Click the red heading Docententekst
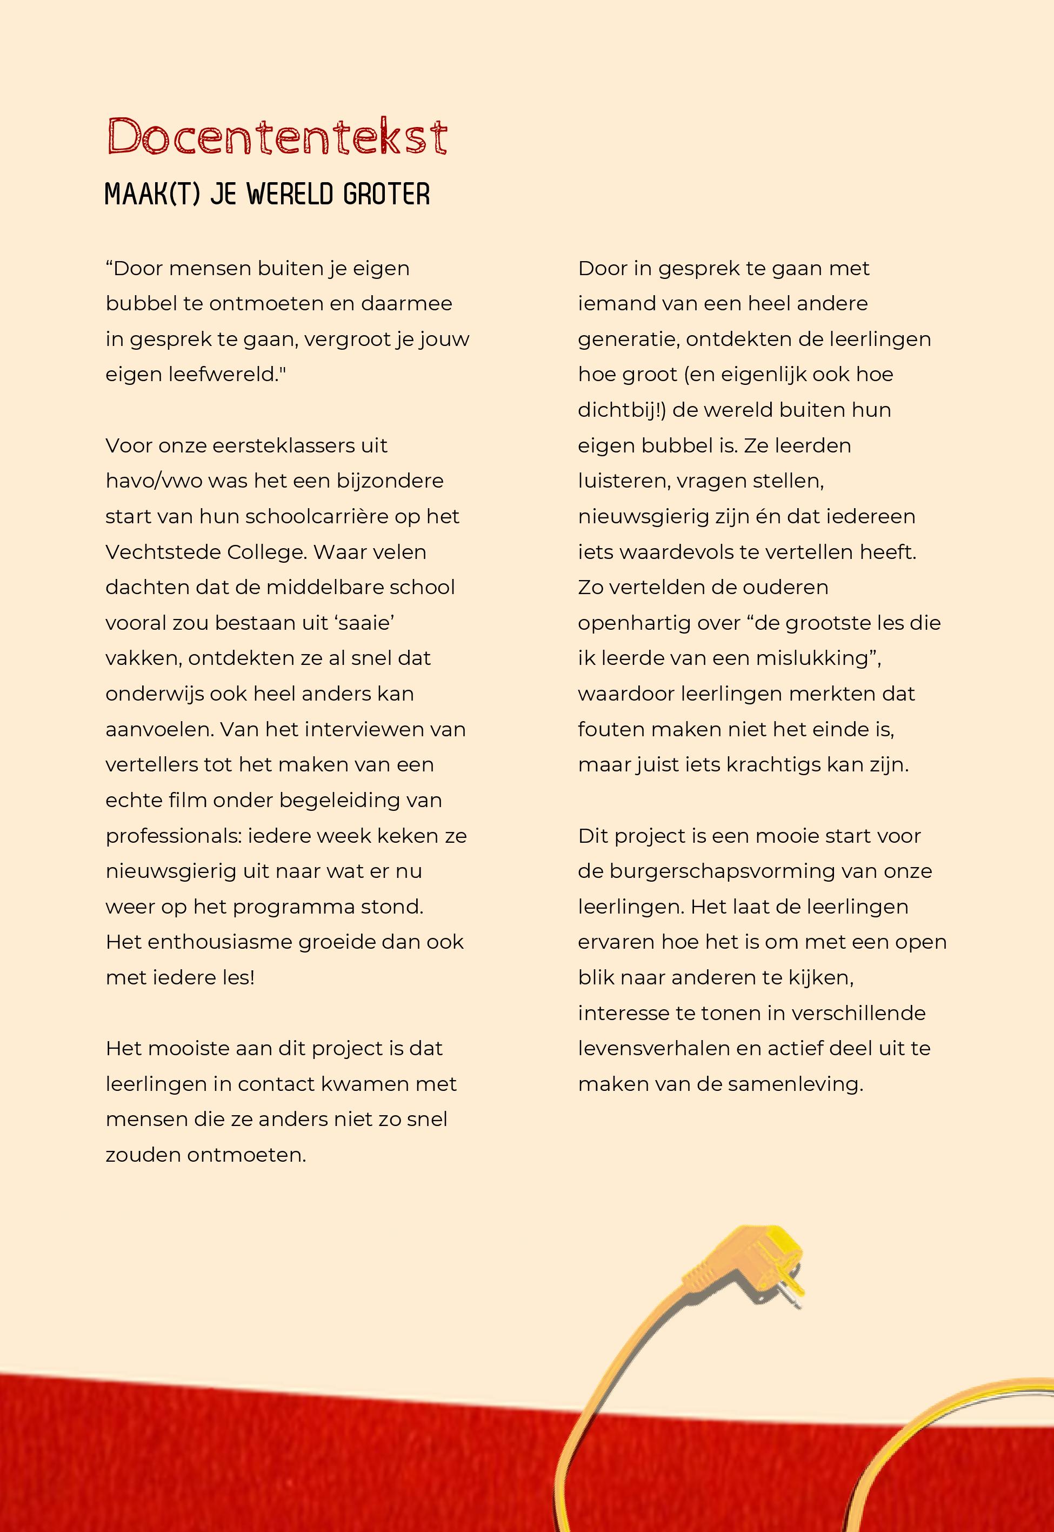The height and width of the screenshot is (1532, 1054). pos(277,137)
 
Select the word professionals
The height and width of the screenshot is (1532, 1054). pos(172,836)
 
